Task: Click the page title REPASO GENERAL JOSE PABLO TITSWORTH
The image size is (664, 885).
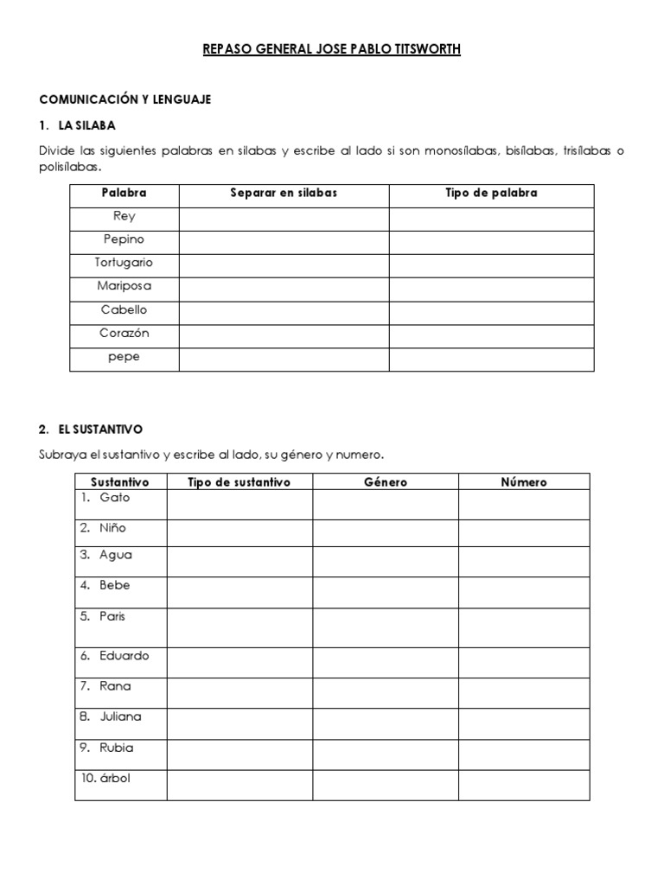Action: (331, 49)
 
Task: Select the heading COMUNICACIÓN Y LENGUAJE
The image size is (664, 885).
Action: (125, 100)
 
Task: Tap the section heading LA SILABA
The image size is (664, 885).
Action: (87, 125)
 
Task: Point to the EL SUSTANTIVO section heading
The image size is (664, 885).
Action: (101, 429)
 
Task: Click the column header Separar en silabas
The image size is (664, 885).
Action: (284, 194)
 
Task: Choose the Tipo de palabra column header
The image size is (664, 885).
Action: (490, 194)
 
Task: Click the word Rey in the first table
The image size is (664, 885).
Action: (124, 217)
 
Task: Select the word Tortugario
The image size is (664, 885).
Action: (124, 263)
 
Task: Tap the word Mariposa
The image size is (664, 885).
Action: (124, 286)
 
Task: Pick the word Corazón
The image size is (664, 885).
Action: (124, 333)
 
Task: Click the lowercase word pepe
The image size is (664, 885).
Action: (124, 356)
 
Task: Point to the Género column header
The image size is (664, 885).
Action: (386, 482)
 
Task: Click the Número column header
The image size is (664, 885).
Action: (524, 482)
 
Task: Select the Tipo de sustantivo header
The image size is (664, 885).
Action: (239, 482)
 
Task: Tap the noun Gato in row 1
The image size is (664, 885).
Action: (115, 499)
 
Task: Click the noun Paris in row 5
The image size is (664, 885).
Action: (113, 617)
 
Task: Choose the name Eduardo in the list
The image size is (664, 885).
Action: (124, 656)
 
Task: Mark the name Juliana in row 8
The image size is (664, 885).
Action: (121, 716)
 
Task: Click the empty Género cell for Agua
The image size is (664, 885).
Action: (386, 562)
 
